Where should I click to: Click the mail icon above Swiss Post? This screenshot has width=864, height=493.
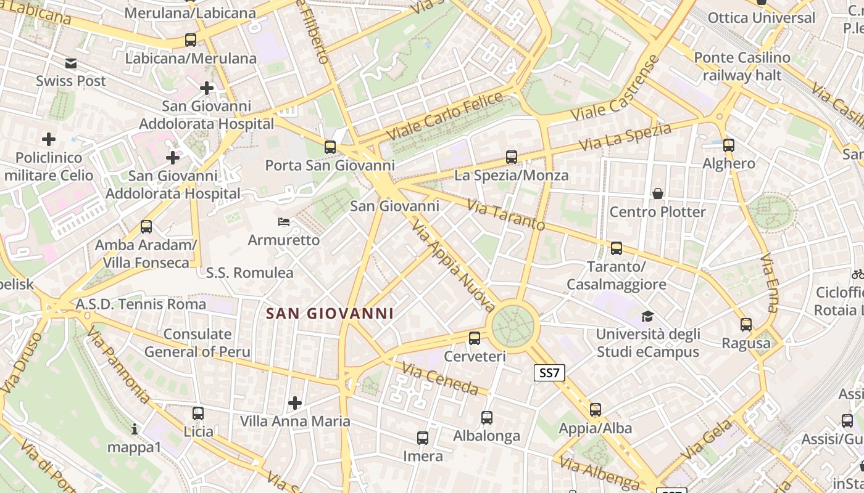click(x=71, y=63)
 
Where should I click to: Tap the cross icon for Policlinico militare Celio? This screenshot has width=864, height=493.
click(x=48, y=139)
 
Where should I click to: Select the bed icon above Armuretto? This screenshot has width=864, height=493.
click(x=284, y=221)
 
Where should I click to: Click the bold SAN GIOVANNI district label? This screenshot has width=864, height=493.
click(x=330, y=314)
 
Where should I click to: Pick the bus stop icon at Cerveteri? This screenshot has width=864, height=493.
click(x=475, y=338)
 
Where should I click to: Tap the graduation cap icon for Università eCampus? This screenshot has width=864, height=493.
click(x=647, y=316)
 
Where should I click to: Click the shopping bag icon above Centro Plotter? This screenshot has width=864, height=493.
click(x=658, y=194)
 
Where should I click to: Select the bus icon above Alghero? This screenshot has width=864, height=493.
click(x=729, y=145)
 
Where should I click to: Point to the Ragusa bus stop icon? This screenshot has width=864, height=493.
click(x=746, y=325)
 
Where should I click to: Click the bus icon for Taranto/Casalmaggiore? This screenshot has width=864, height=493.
click(x=616, y=248)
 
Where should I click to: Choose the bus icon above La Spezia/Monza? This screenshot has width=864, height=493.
click(x=512, y=157)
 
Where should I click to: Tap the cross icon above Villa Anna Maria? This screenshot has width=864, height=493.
click(x=295, y=403)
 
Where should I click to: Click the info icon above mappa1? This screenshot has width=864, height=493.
click(x=135, y=428)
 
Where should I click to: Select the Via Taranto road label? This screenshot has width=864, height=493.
click(x=506, y=214)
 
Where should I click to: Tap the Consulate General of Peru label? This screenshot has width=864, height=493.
click(x=197, y=343)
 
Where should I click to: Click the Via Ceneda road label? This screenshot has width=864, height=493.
click(x=440, y=379)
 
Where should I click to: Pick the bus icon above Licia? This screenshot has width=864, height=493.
click(x=198, y=413)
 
